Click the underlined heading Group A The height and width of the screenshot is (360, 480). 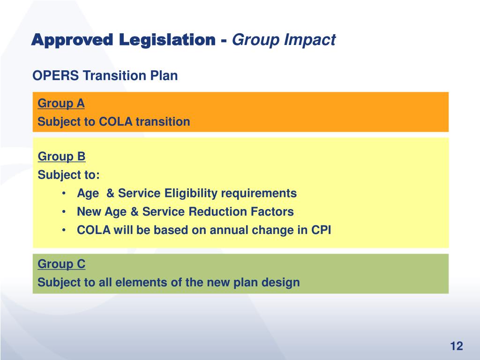(x=61, y=104)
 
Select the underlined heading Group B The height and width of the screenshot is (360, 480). (x=61, y=157)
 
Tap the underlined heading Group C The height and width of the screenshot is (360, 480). (x=61, y=264)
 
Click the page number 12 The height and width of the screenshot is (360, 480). (x=456, y=346)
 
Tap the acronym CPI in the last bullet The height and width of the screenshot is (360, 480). (x=321, y=230)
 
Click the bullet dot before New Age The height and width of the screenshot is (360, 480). (x=63, y=212)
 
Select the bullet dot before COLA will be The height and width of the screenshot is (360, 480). (x=63, y=230)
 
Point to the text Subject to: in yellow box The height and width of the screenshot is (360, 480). (x=68, y=175)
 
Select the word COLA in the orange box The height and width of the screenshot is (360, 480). (x=114, y=122)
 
